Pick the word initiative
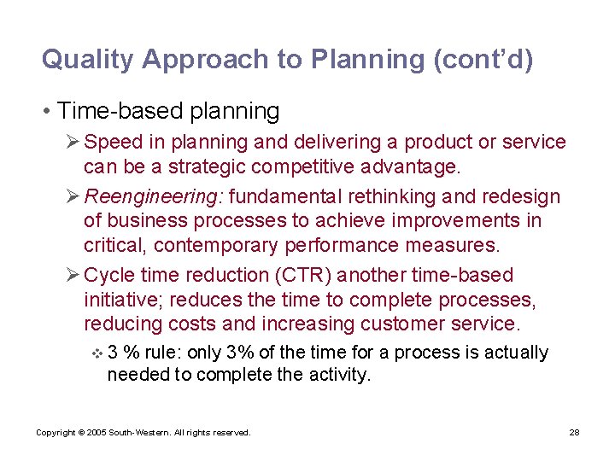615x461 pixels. [118, 301]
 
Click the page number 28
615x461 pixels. [574, 433]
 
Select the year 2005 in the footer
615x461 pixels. [95, 433]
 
